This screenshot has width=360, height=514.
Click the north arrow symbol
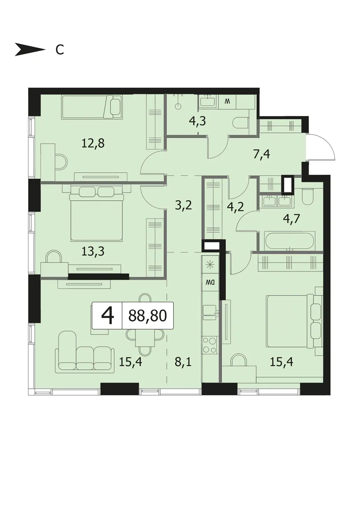tap(30, 49)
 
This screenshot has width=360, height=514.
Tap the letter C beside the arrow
tap(60, 50)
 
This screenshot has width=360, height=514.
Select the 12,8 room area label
tap(93, 144)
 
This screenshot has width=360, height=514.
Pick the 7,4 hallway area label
tap(262, 155)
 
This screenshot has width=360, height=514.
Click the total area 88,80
tap(147, 316)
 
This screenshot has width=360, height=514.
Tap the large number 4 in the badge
tap(107, 316)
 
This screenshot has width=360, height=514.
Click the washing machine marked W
tap(227, 101)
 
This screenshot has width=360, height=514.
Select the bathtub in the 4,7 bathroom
tap(290, 241)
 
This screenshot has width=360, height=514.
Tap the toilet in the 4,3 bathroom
tap(241, 122)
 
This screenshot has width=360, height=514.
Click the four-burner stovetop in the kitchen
tap(209, 345)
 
